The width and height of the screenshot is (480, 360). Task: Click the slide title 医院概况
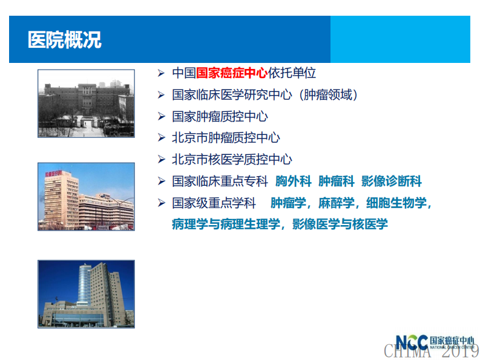[65, 40]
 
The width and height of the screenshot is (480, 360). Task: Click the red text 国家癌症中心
[232, 73]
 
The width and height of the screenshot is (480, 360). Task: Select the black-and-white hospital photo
[86, 103]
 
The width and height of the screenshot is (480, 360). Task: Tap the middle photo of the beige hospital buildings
[86, 196]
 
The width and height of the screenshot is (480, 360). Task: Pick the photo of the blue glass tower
[86, 293]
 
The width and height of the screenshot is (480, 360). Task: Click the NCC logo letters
[411, 342]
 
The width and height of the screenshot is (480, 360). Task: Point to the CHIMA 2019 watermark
[431, 352]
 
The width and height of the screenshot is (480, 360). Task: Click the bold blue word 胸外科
[293, 182]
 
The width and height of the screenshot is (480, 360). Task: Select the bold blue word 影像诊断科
[391, 182]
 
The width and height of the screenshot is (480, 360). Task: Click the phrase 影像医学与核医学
[340, 224]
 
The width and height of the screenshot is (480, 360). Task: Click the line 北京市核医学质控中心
[232, 160]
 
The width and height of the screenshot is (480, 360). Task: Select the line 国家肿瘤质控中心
[220, 116]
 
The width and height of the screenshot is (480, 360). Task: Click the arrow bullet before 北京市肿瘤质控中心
[161, 138]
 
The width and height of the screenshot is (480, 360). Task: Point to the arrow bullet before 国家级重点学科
[161, 203]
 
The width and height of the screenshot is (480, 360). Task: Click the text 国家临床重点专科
[220, 182]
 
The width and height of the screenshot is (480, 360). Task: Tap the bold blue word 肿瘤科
[336, 182]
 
